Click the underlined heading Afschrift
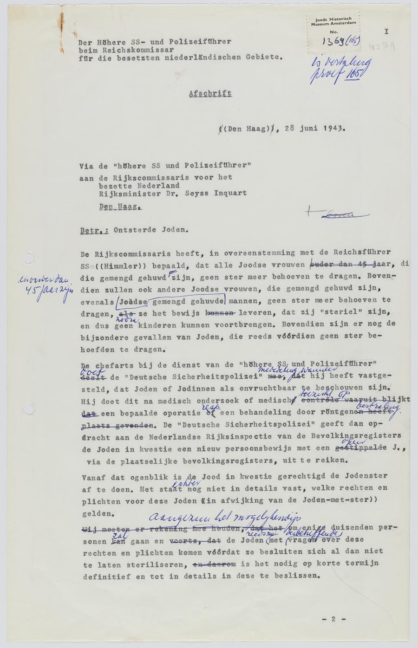coord(210,93)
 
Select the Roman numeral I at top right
coord(386,32)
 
